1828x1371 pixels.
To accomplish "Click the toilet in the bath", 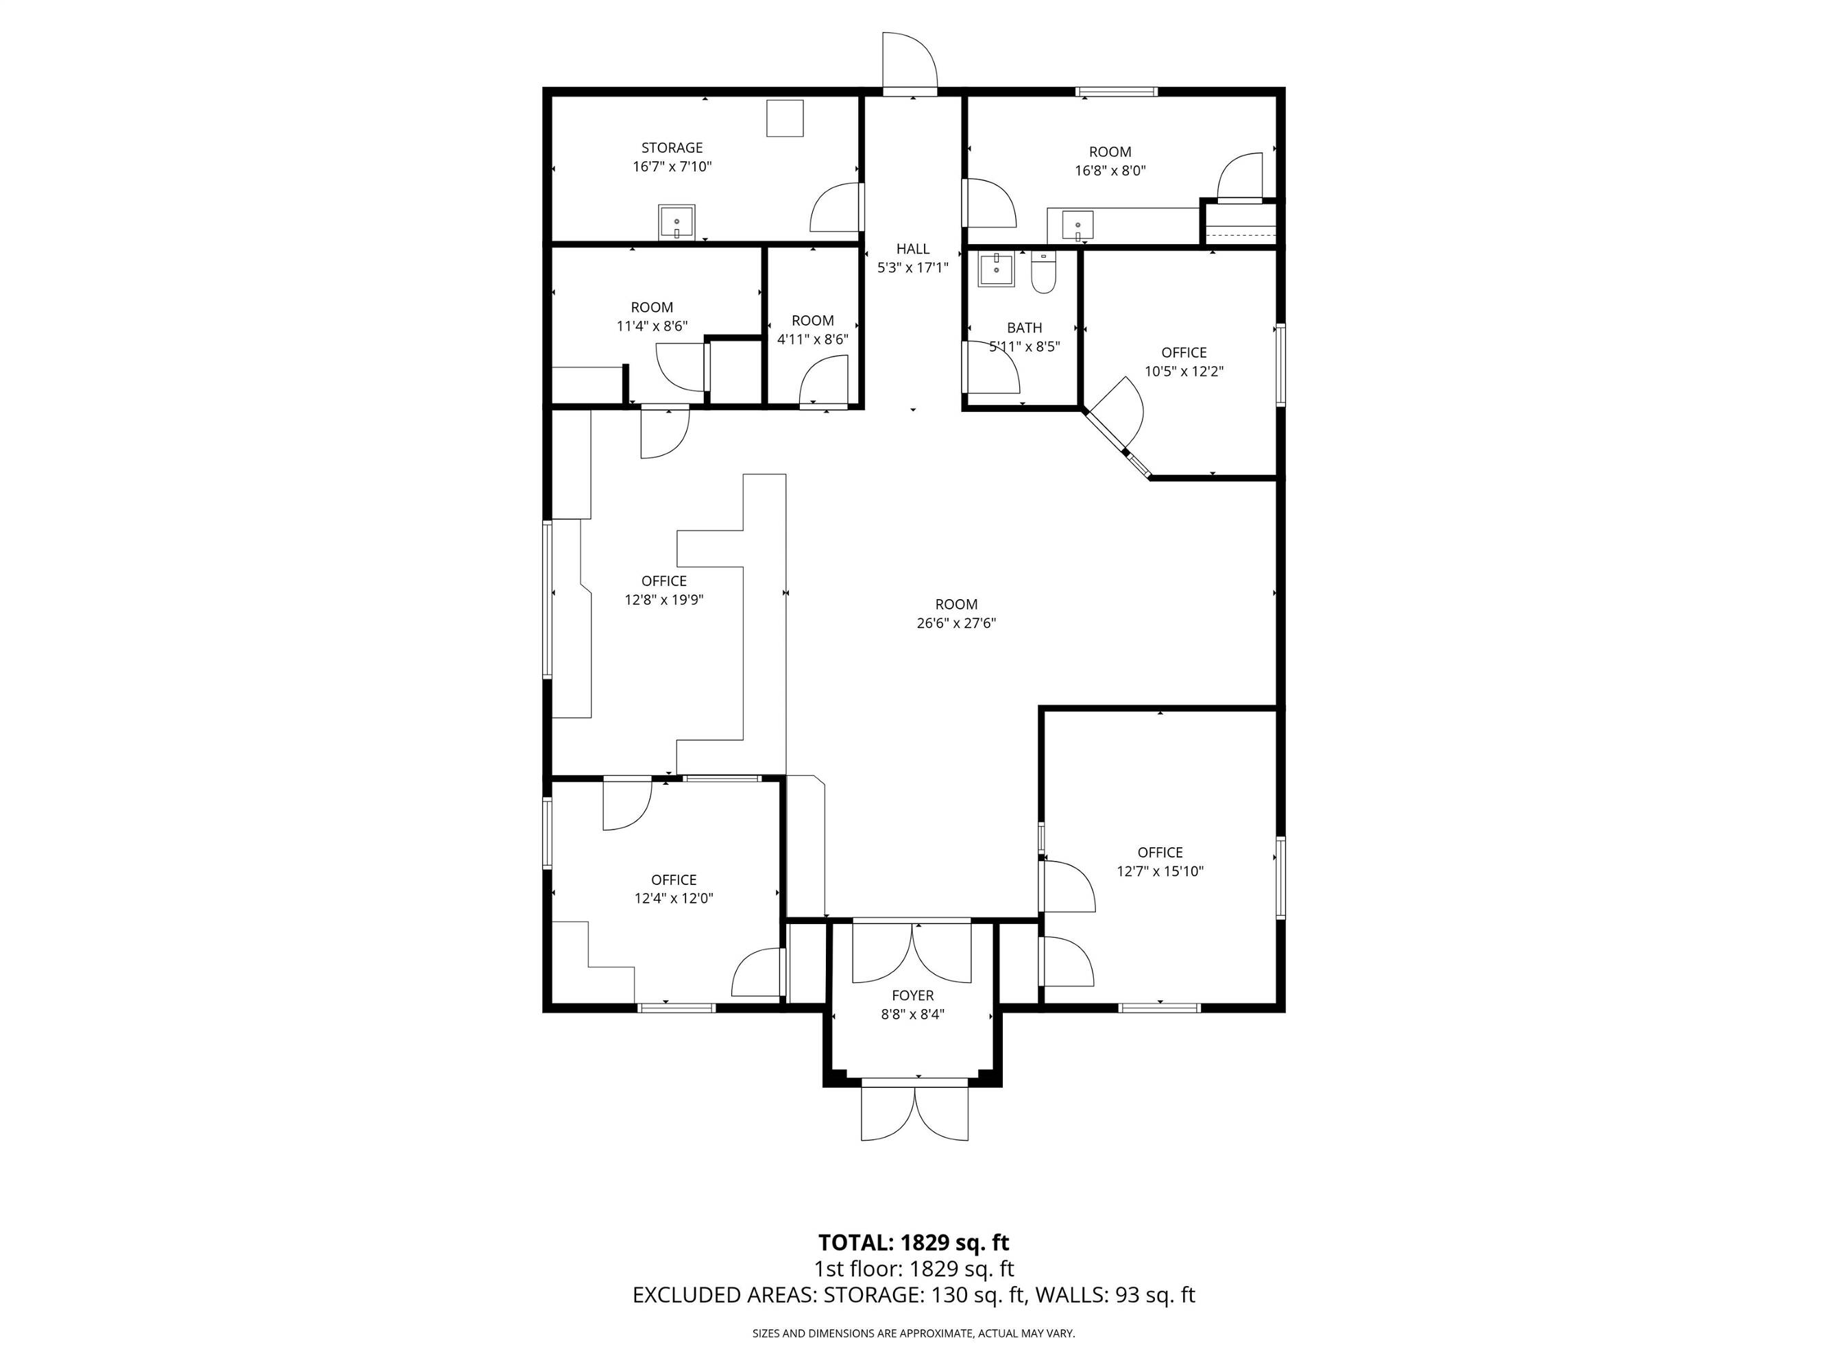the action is coord(1044,273).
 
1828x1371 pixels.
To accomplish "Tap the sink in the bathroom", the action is coord(997,269).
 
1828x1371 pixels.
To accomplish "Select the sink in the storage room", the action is coord(677,223).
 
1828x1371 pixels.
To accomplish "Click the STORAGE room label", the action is coord(672,148).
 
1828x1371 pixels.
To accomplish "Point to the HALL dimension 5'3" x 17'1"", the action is coord(912,268).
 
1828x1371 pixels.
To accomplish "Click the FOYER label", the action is coord(912,996).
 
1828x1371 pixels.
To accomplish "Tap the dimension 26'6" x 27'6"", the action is coord(956,623).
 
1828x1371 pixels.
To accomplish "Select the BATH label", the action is coord(1024,328).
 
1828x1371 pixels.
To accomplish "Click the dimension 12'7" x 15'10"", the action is coord(1160,871).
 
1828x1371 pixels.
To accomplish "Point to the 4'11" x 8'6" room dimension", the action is coord(812,339).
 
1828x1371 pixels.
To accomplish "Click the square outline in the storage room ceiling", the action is coord(784,118).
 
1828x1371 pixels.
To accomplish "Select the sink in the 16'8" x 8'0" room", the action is coord(1077,226).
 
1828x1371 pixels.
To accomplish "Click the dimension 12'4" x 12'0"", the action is coord(674,898).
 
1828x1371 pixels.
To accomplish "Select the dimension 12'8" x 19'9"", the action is coord(663,600).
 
